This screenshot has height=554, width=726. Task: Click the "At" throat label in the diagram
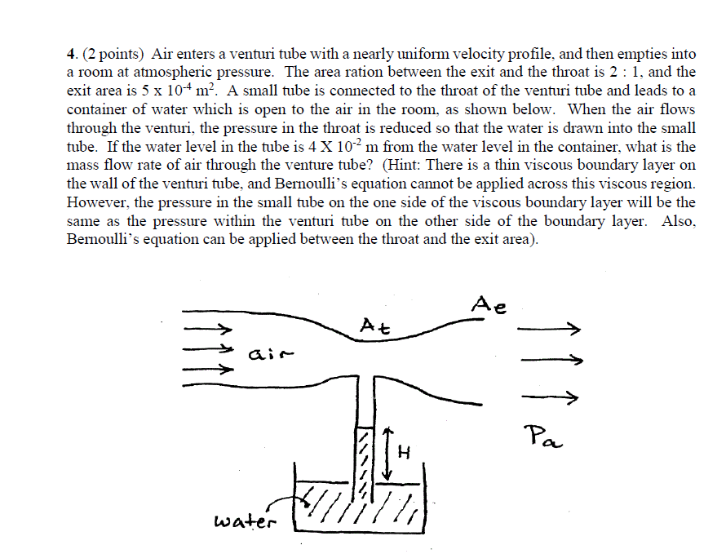pyautogui.click(x=374, y=327)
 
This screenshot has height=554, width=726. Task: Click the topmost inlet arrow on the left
pyautogui.click(x=209, y=330)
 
